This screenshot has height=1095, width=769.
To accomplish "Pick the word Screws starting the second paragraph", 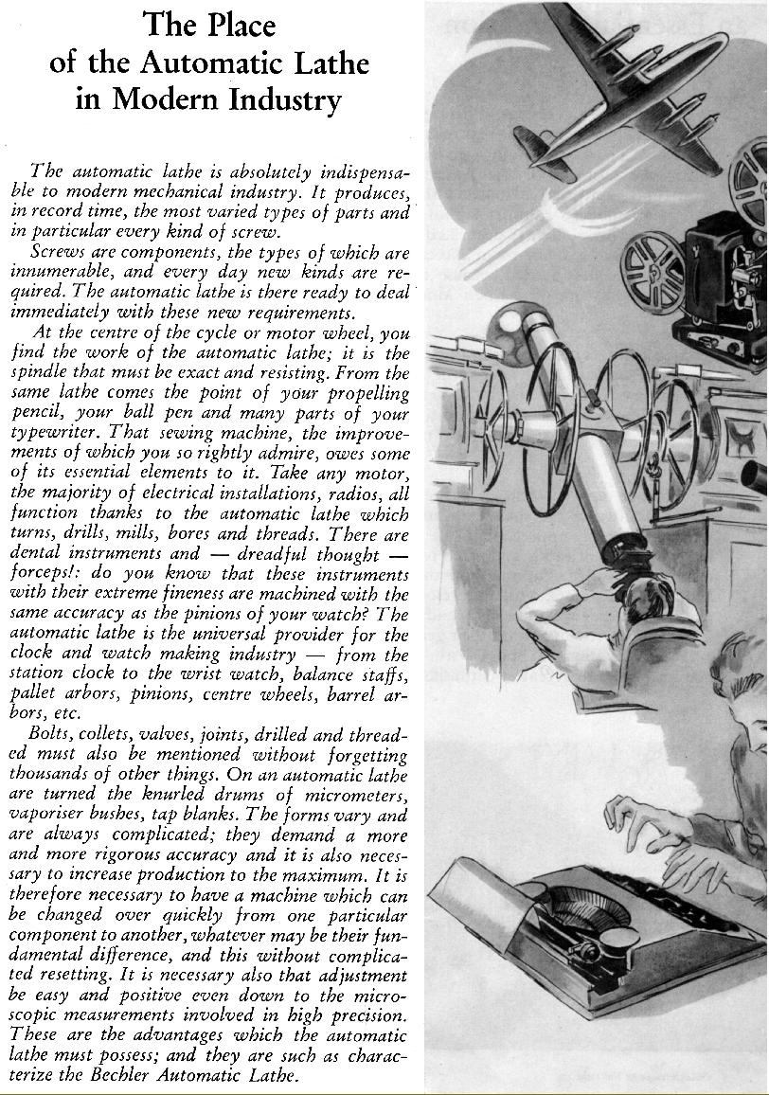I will tap(59, 254).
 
